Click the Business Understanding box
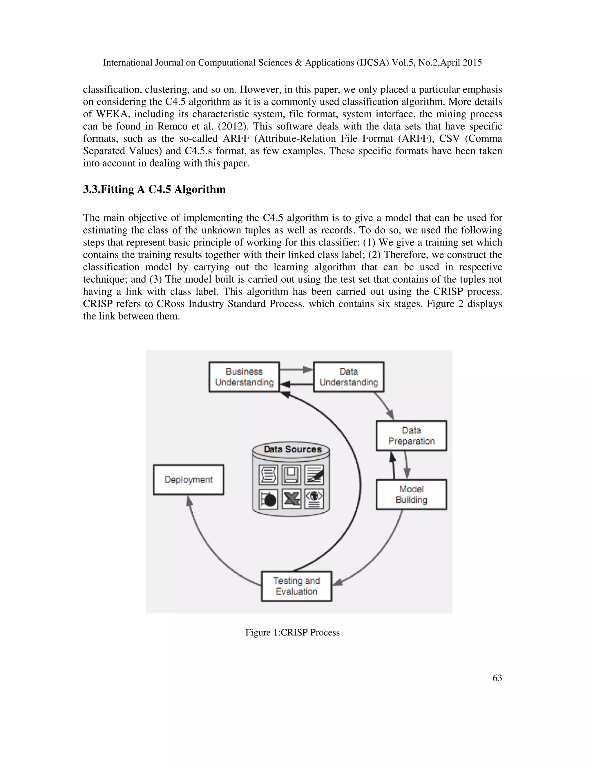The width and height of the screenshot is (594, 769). point(244,377)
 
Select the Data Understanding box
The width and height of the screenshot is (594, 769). point(348,377)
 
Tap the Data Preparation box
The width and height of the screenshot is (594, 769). point(411,436)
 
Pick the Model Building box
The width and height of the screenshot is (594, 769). point(411,494)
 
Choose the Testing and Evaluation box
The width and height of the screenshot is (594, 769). point(296,586)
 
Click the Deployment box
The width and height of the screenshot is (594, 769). point(189,480)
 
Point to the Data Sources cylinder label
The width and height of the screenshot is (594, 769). point(293,449)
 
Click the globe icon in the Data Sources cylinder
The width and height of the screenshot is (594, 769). point(314,499)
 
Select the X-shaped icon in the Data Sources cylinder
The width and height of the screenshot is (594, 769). point(291,499)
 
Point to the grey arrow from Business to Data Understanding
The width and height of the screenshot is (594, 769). point(296,370)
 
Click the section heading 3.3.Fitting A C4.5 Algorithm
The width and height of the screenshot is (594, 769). point(154,189)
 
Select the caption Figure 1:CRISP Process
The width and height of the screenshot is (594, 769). point(292,632)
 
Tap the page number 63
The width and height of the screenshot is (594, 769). point(497,678)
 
